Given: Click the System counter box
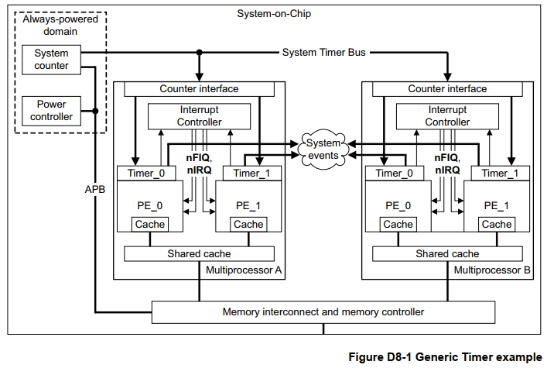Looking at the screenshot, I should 52,60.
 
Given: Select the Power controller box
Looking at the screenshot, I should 52,110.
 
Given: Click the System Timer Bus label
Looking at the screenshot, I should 323,53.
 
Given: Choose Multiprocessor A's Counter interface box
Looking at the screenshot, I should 199,89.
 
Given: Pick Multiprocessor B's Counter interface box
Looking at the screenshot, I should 447,89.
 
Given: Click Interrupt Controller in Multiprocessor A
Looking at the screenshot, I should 199,116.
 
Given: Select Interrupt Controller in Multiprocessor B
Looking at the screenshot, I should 447,116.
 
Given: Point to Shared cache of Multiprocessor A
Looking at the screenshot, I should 199,254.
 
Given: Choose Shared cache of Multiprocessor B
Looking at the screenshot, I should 447,254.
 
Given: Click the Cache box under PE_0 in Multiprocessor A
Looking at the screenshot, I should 149,225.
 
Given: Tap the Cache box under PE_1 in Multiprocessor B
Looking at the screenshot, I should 497,225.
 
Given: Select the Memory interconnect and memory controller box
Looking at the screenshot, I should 323,312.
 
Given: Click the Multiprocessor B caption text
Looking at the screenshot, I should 491,270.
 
